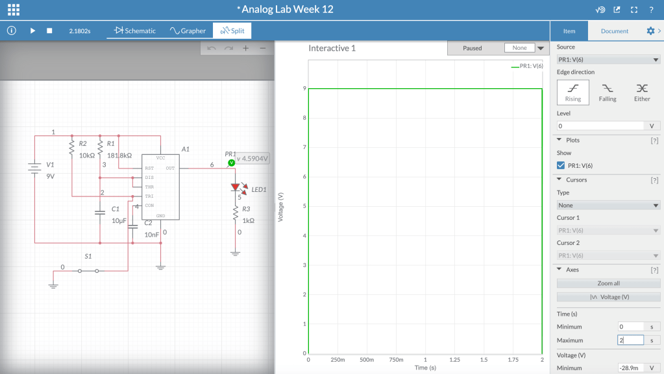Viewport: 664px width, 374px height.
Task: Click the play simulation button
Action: click(x=32, y=31)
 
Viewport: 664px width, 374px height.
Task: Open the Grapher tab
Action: click(x=188, y=30)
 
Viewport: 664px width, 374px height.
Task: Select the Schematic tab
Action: click(x=134, y=30)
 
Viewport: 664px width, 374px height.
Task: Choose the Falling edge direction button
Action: click(x=608, y=92)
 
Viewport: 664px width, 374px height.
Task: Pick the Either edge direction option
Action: click(x=642, y=92)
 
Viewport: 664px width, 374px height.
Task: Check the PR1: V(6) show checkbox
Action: click(x=561, y=165)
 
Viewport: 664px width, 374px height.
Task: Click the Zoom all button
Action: click(x=608, y=283)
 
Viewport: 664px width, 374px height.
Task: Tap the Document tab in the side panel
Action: click(x=615, y=31)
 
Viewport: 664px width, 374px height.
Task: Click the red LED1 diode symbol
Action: click(x=236, y=187)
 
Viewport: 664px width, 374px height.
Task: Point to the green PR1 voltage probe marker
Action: click(x=231, y=163)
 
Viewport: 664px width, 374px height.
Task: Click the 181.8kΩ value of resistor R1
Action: click(x=119, y=156)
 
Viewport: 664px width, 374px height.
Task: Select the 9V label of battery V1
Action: click(x=51, y=176)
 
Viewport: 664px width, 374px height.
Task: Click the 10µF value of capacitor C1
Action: click(x=119, y=220)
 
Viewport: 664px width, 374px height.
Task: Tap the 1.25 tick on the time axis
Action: click(x=454, y=360)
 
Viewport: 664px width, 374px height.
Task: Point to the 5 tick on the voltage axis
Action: click(x=304, y=206)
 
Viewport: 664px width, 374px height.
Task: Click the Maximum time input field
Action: click(x=630, y=340)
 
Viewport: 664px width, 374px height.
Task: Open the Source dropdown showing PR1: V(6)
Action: click(x=608, y=60)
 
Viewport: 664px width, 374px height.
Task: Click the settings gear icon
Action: click(x=650, y=31)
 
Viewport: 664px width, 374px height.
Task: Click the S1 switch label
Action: click(x=88, y=257)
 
